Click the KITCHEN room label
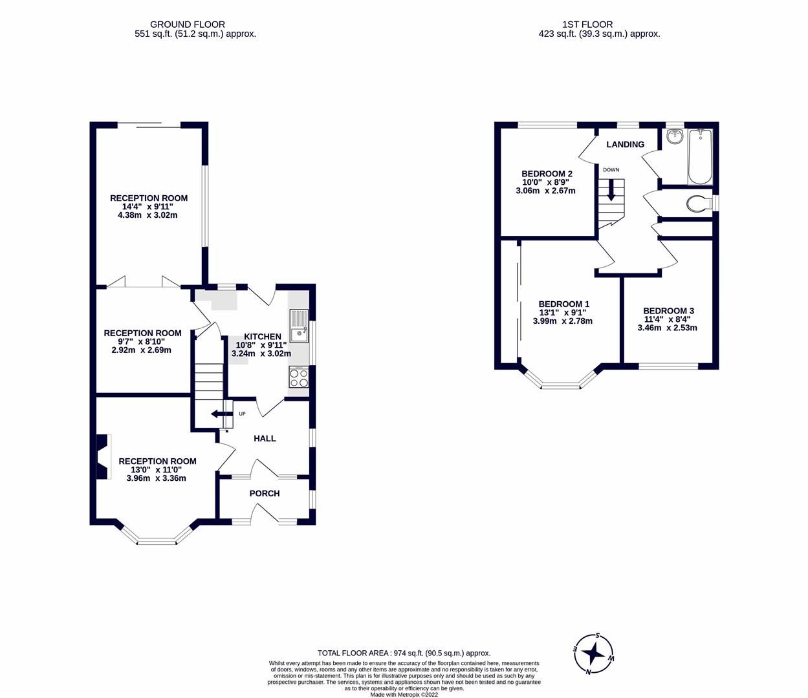(x=262, y=337)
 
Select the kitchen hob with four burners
(x=299, y=377)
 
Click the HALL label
(x=265, y=438)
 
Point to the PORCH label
(x=265, y=493)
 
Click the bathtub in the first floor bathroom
(x=700, y=157)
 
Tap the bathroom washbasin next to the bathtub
(x=675, y=136)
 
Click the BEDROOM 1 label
(x=563, y=304)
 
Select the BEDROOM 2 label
(x=547, y=173)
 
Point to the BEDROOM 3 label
(x=668, y=310)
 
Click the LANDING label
(x=625, y=144)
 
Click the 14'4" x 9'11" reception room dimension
(x=148, y=207)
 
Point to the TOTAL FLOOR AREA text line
(x=404, y=653)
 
